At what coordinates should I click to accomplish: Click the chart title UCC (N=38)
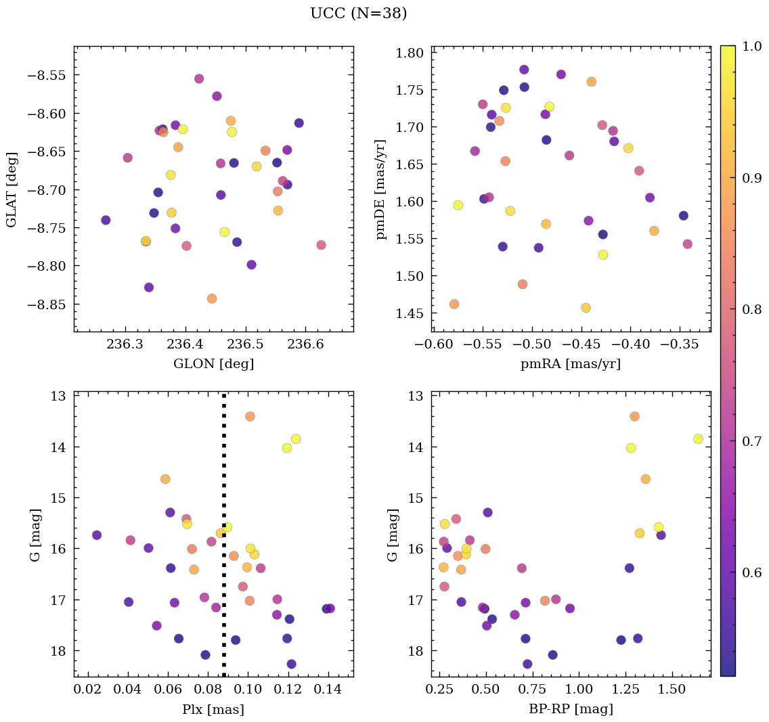pos(358,14)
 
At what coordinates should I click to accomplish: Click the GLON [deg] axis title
pos(213,364)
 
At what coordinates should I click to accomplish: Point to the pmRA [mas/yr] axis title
pos(570,364)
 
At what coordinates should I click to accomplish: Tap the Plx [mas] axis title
pos(213,709)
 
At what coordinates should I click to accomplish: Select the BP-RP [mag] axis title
pos(570,709)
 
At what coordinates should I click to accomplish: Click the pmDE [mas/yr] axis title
pos(381,189)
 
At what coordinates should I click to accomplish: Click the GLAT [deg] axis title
pos(12,189)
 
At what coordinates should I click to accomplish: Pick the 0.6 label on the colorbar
pos(752,573)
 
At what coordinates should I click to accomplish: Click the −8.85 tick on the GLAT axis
pos(45,304)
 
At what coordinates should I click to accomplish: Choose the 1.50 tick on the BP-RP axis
pos(672,690)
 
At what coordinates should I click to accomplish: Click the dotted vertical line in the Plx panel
pos(223,535)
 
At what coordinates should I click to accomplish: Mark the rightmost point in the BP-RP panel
pos(698,438)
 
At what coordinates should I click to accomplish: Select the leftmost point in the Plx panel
pos(97,535)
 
